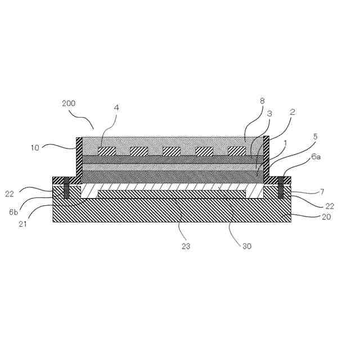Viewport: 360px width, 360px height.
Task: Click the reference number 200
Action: tap(68, 103)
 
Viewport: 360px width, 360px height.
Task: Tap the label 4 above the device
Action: tap(116, 107)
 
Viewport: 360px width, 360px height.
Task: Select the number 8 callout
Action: tap(262, 101)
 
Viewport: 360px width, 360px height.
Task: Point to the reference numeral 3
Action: tap(269, 114)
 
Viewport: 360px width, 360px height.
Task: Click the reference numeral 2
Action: tap(292, 112)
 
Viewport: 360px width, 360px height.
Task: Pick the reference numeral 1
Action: tap(285, 143)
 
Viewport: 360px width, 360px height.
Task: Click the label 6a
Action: tap(316, 159)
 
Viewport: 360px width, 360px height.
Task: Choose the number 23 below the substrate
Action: tap(187, 246)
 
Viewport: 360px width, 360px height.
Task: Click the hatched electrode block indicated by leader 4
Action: tap(107, 151)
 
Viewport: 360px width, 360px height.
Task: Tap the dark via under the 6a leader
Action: tap(281, 188)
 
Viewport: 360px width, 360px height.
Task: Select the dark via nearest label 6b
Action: tap(66, 188)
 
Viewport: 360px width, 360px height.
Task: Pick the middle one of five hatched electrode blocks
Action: tap(172, 151)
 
